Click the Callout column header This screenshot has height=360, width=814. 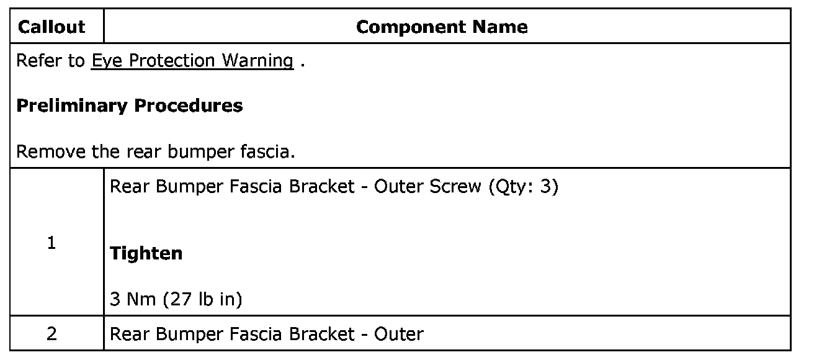(x=51, y=27)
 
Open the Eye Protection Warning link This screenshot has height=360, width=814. (x=192, y=61)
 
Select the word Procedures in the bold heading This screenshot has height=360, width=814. (x=189, y=106)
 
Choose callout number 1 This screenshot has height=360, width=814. (x=51, y=243)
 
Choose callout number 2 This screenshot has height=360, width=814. (x=51, y=334)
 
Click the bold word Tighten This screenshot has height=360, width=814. (x=146, y=253)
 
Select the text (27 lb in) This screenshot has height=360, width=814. (x=202, y=300)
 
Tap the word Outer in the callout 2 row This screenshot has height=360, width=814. (x=399, y=334)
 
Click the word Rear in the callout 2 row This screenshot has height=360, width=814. (x=130, y=334)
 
